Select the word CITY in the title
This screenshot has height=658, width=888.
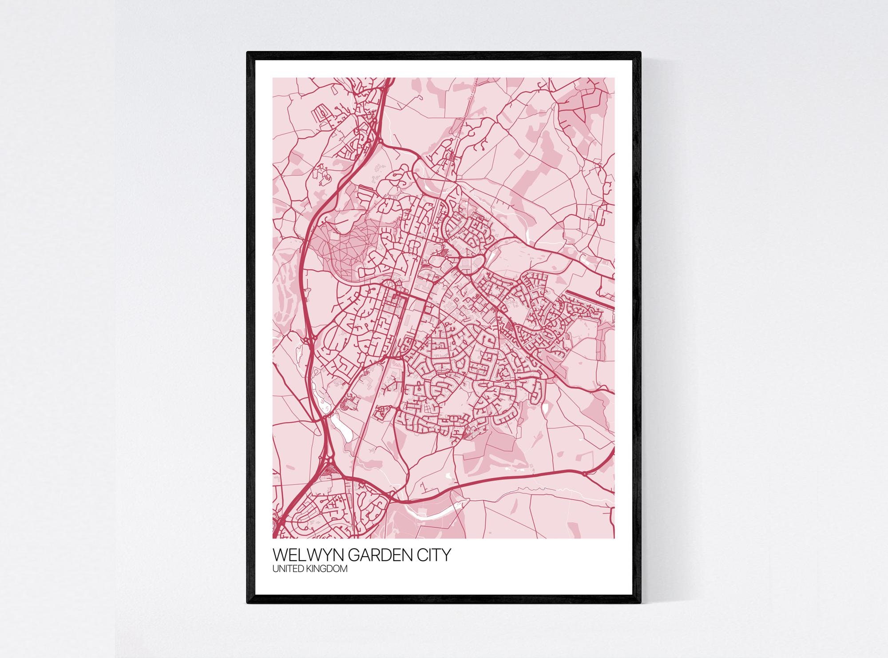(x=435, y=555)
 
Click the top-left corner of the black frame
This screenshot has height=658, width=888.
(x=248, y=53)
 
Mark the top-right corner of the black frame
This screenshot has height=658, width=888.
(x=640, y=53)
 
